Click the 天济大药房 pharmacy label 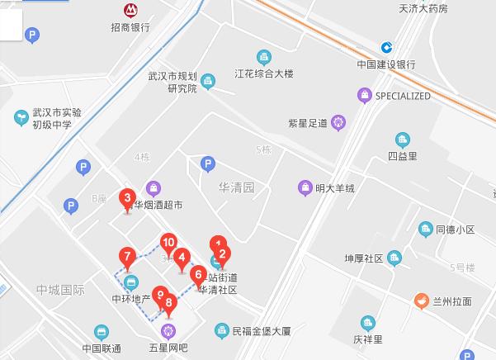(423, 9)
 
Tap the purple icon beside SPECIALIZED (364, 96)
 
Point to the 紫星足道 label (308, 124)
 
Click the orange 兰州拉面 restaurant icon (421, 302)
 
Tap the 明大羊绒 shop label (334, 188)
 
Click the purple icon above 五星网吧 (169, 332)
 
